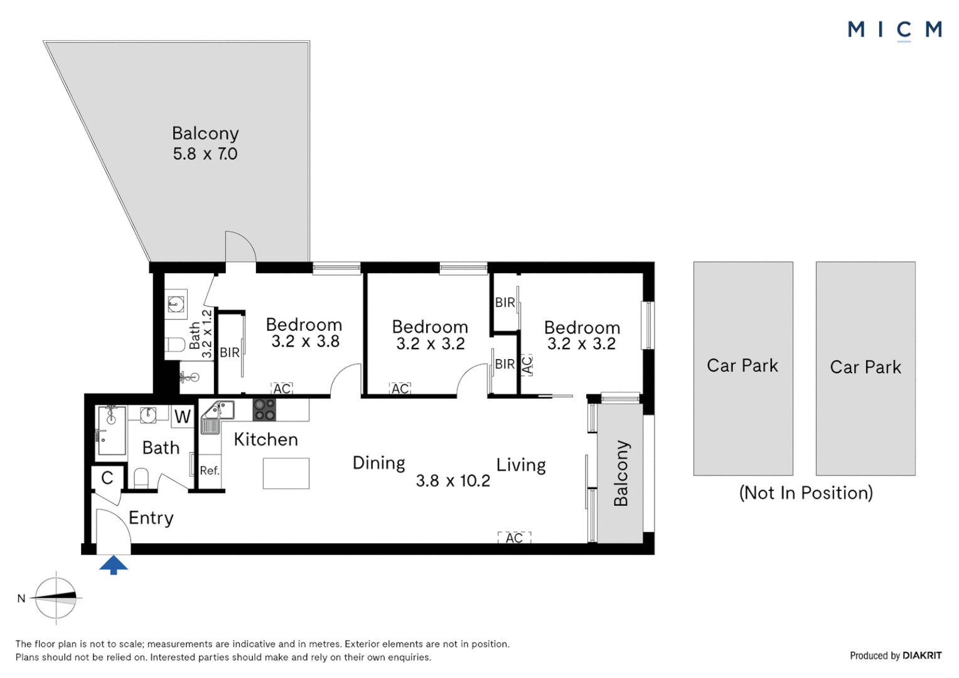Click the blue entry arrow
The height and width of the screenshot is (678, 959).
114,564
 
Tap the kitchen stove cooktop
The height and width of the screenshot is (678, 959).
264,409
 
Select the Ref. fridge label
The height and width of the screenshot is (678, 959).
210,471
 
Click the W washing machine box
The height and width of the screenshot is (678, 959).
183,416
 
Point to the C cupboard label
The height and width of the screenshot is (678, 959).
107,478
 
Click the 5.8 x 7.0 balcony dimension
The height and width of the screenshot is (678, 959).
205,154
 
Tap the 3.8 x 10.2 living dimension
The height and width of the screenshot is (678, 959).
453,480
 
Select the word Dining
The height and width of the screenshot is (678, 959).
379,463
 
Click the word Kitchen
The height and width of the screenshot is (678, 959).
266,439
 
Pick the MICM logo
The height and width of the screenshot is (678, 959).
895,31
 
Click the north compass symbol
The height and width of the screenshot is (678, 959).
56,598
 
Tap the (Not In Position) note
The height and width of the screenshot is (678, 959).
806,493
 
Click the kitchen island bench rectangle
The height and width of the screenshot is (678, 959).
286,473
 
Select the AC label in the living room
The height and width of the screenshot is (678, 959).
514,537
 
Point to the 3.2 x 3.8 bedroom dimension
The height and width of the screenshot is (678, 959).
306,342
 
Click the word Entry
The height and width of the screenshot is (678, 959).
151,519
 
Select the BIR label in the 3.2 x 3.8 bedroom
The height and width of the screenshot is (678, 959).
230,352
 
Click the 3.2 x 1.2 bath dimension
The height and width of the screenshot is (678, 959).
206,333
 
